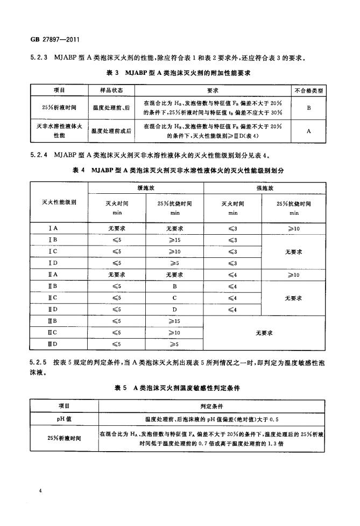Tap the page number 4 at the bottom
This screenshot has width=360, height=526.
click(40, 491)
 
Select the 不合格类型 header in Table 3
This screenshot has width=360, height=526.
click(308, 90)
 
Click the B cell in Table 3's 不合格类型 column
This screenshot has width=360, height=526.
click(308, 108)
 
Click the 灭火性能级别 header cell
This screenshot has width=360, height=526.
click(59, 203)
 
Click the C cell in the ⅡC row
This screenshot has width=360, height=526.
click(175, 298)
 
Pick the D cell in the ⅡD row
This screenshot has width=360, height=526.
click(175, 309)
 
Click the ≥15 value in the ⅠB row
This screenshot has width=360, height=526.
click(175, 240)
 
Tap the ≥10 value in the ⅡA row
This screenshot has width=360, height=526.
click(294, 275)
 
